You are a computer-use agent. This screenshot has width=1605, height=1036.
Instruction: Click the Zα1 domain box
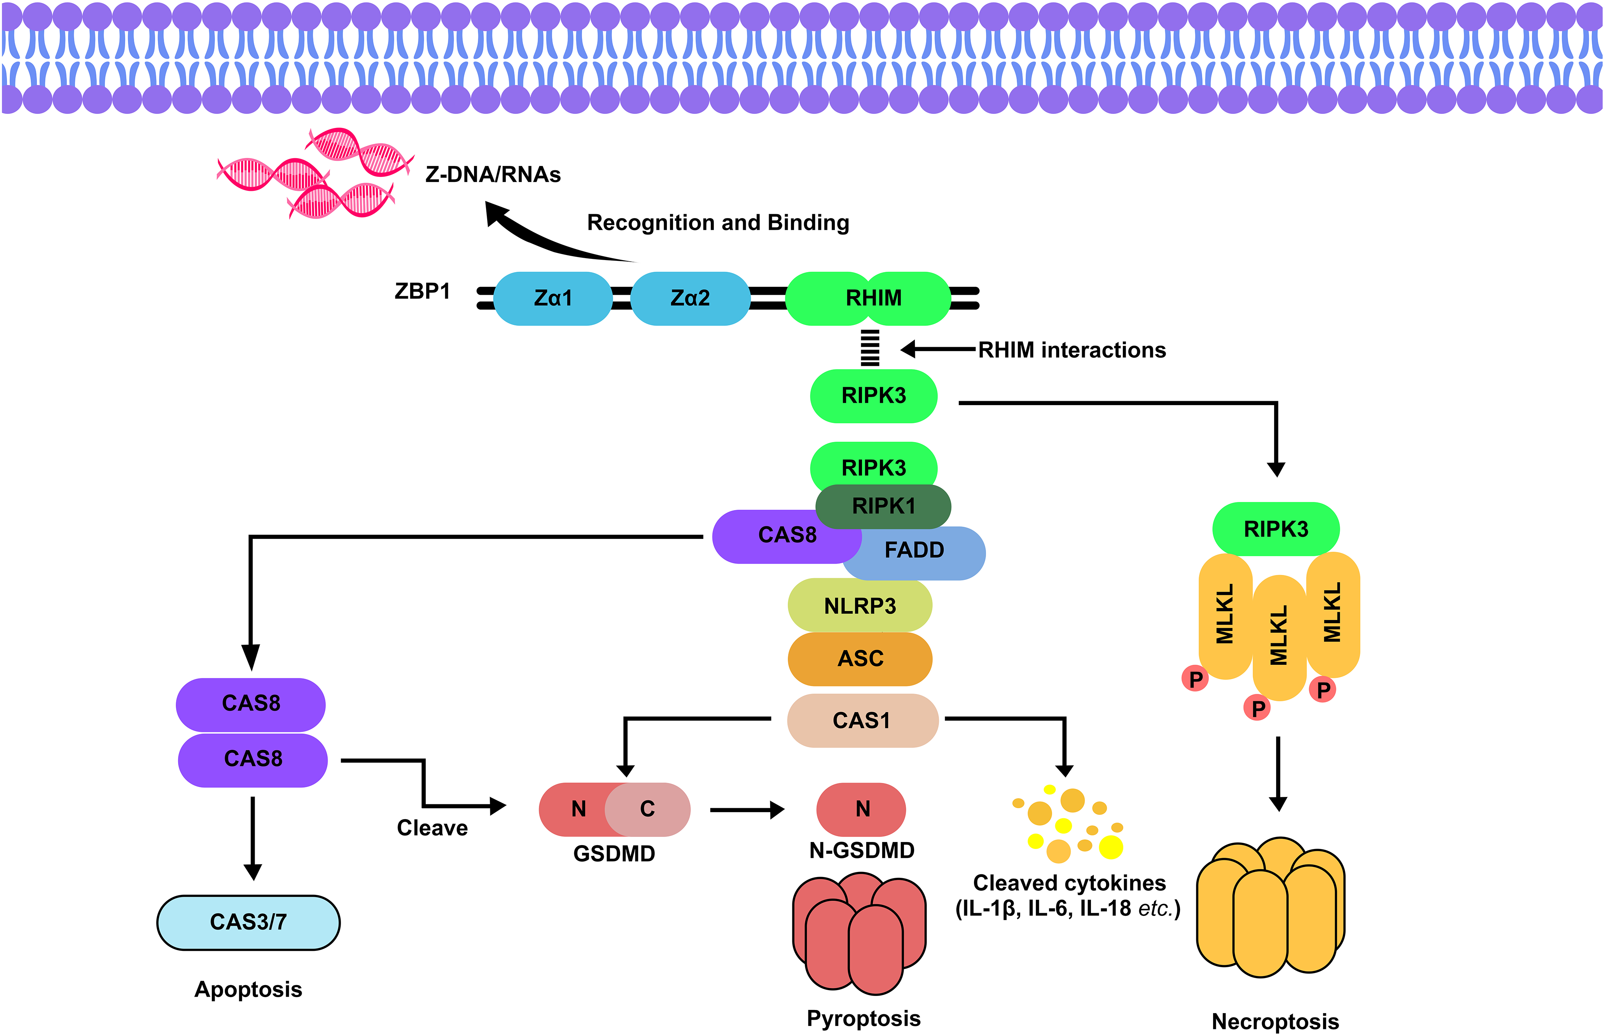[x=553, y=298]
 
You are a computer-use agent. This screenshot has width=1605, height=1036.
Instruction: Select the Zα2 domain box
[x=690, y=298]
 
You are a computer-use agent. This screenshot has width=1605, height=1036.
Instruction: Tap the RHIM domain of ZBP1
[x=873, y=298]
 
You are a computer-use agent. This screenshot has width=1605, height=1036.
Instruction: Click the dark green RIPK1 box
[x=883, y=506]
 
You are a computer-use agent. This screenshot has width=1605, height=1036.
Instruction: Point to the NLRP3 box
[x=860, y=605]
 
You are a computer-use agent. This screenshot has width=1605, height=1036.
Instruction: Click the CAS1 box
[x=862, y=720]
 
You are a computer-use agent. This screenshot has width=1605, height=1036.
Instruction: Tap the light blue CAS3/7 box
[x=248, y=922]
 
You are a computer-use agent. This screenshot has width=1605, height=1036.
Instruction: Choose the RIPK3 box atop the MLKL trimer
[x=1275, y=529]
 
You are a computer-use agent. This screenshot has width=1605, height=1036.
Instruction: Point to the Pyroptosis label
[x=864, y=1018]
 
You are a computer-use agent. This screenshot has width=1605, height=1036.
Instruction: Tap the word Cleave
[x=432, y=828]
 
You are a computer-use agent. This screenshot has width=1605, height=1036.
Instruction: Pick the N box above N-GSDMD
[x=862, y=809]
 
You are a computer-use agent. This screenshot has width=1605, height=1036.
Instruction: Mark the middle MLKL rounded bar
[x=1279, y=636]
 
